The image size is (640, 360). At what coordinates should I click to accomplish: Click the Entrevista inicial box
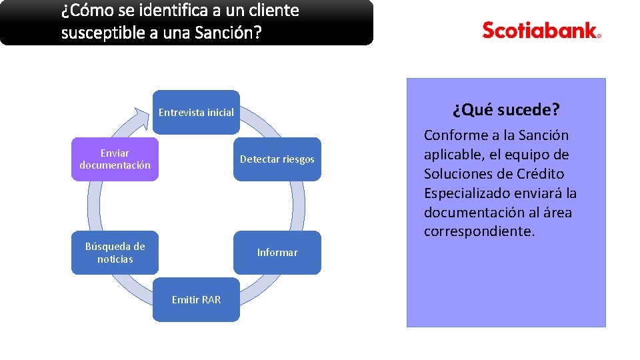(196, 112)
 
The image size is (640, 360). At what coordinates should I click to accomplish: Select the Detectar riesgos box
(277, 159)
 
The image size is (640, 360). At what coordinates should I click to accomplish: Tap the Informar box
(277, 253)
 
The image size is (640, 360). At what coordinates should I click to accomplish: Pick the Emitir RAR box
(196, 299)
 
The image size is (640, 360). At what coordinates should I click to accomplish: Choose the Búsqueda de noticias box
(115, 253)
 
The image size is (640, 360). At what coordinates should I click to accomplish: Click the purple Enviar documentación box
(115, 159)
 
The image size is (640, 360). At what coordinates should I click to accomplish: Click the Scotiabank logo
(541, 30)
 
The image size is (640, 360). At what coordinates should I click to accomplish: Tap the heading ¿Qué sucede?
(506, 109)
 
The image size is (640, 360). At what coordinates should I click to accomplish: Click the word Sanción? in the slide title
(227, 33)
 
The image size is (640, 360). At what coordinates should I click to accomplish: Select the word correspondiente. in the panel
(479, 232)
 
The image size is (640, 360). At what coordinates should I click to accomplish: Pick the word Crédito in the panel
(539, 174)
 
